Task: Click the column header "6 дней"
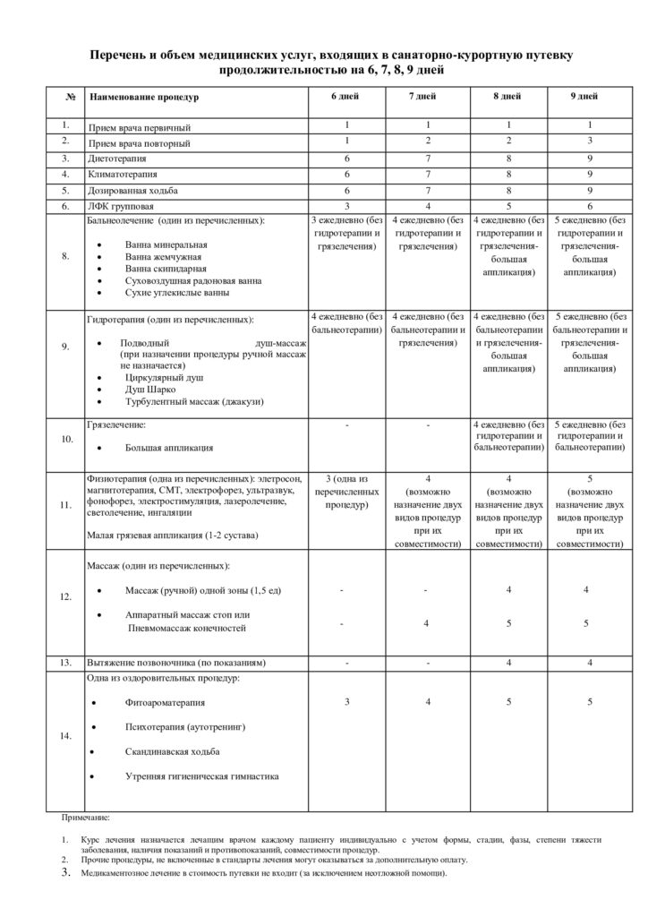pyautogui.click(x=345, y=95)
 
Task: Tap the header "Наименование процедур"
pyautogui.click(x=143, y=96)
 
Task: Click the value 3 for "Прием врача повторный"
pyautogui.click(x=590, y=141)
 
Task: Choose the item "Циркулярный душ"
pyautogui.click(x=163, y=378)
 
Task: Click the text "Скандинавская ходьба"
pyautogui.click(x=173, y=750)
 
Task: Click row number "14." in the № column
pyautogui.click(x=66, y=736)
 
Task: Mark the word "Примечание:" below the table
pyautogui.click(x=86, y=818)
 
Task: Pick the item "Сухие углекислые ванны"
pyautogui.click(x=179, y=292)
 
